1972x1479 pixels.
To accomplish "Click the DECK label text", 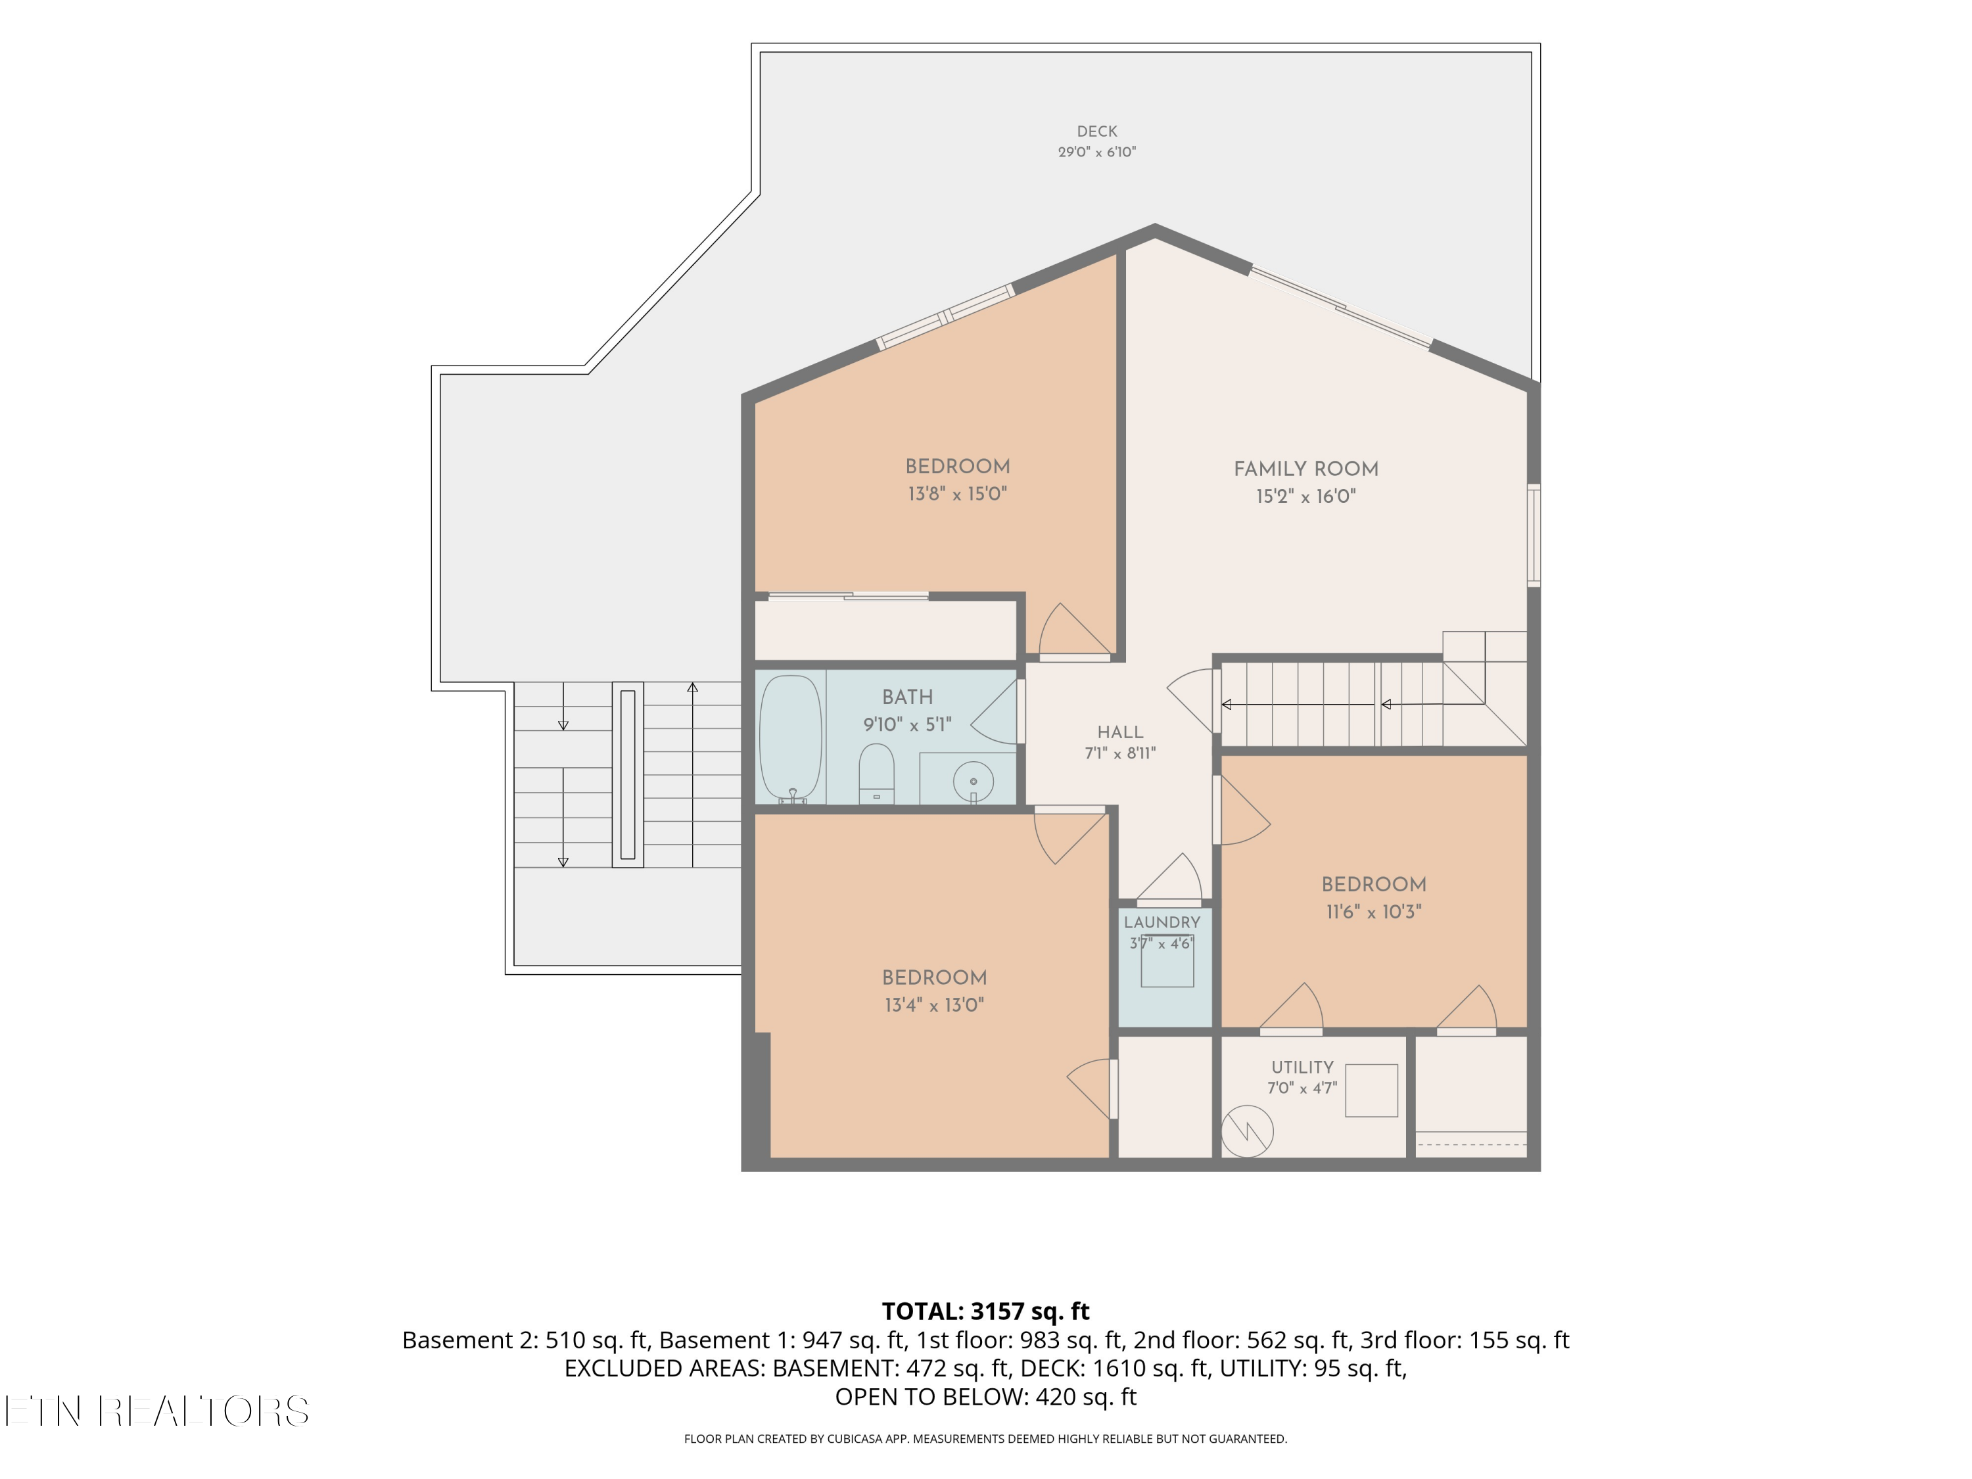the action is [1096, 131].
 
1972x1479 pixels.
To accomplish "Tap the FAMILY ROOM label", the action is [1306, 469].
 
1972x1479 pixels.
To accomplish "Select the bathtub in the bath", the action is [791, 738].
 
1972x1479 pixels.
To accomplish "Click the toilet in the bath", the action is [876, 773].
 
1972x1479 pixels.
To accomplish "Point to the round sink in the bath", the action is [973, 782].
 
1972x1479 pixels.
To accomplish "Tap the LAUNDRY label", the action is [1162, 922].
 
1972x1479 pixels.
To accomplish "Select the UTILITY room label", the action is [1302, 1067].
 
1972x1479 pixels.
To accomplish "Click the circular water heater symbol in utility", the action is [1246, 1131].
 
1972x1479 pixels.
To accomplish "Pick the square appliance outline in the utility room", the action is [1371, 1091].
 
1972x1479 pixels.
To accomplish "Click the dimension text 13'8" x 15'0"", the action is [958, 494].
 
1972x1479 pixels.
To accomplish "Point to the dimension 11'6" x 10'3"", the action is [1373, 912].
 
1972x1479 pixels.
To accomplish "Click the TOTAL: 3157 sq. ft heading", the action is [985, 1311].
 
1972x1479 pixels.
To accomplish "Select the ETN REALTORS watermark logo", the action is [157, 1411].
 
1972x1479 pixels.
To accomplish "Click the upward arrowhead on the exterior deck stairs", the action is [693, 688].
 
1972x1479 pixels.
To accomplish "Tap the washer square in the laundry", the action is [1167, 960].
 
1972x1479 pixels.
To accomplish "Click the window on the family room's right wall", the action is [1534, 535].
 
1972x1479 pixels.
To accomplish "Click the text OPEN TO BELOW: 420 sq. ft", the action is [985, 1396].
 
